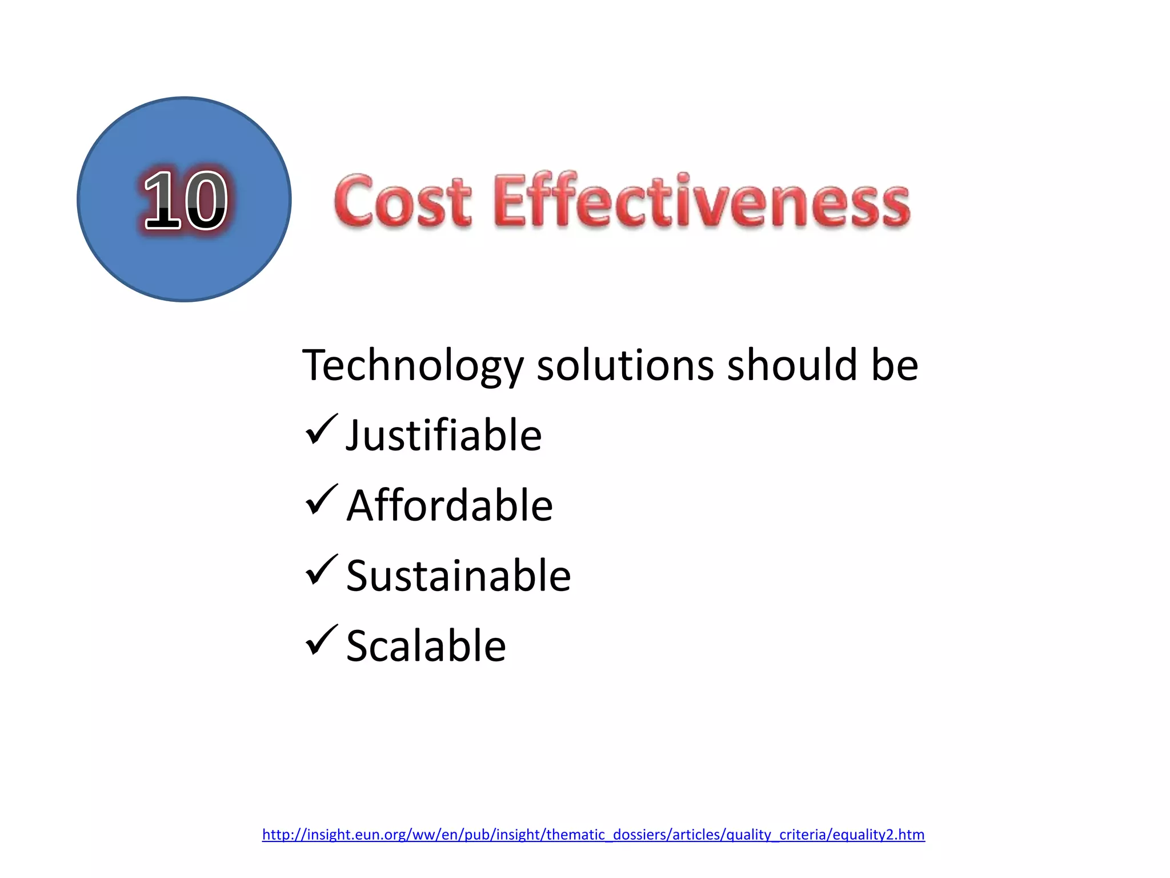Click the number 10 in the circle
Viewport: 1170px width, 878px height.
pos(185,201)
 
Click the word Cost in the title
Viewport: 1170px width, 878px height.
pos(403,201)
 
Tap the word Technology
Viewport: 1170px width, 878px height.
pos(412,366)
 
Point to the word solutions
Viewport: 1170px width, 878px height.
pos(625,366)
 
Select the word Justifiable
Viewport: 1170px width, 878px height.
pos(444,436)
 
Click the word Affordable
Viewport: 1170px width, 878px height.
pos(450,506)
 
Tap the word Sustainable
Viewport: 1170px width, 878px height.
pos(458,576)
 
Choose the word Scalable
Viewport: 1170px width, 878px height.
pos(426,646)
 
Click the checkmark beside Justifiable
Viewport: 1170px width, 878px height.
pos(322,430)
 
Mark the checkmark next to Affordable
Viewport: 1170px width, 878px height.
pos(322,500)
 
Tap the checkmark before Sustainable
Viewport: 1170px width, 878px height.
pos(322,570)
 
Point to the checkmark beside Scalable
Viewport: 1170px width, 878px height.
pos(322,640)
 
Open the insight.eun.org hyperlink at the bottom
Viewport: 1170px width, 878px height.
pos(593,835)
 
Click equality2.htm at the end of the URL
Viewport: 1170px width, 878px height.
pos(879,835)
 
